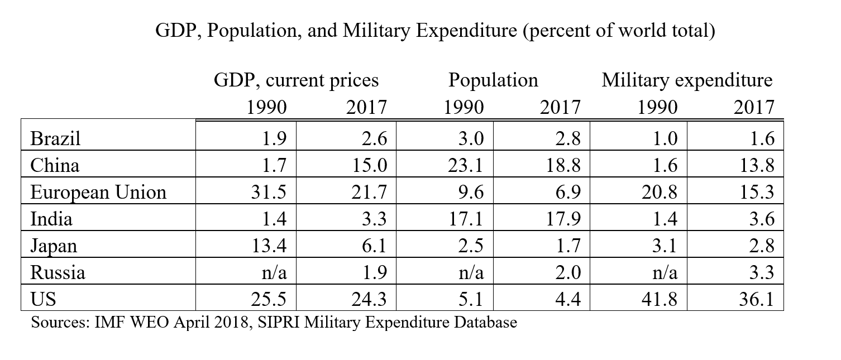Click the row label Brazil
click(55, 138)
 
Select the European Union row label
click(98, 192)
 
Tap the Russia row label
click(58, 273)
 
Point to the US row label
click(43, 300)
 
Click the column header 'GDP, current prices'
click(297, 80)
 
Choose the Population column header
click(493, 80)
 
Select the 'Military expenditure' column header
click(687, 80)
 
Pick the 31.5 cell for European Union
click(270, 193)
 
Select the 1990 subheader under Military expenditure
click(657, 107)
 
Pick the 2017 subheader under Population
click(560, 107)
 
